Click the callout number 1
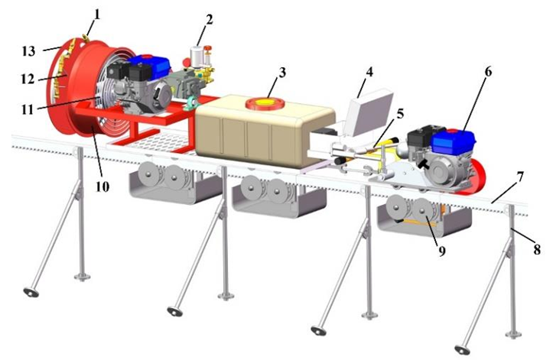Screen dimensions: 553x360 [97, 14]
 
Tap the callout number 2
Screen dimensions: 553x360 [210, 20]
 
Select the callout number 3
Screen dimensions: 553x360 [282, 73]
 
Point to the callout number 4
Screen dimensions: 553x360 [369, 72]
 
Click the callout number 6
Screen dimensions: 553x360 [488, 72]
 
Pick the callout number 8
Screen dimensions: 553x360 [537, 250]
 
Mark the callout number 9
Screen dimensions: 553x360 [442, 251]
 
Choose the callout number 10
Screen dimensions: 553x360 [102, 186]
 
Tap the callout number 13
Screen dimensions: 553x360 [28, 51]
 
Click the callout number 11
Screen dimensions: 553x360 [28, 109]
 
